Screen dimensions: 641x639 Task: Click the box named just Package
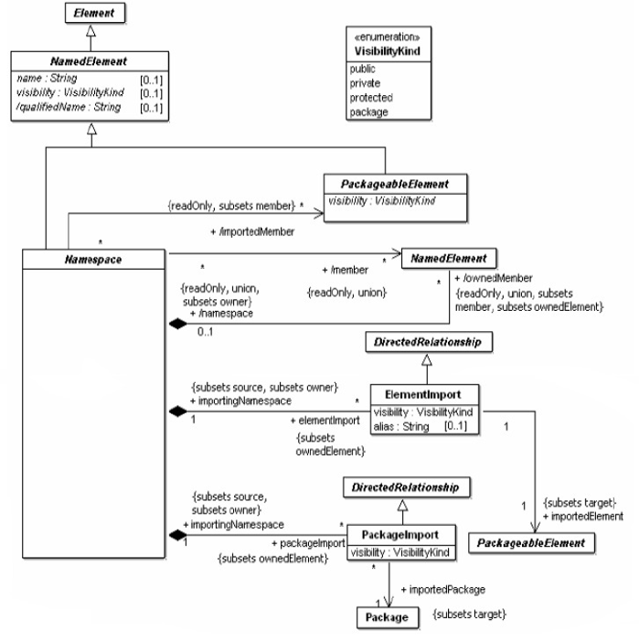pyautogui.click(x=389, y=619)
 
